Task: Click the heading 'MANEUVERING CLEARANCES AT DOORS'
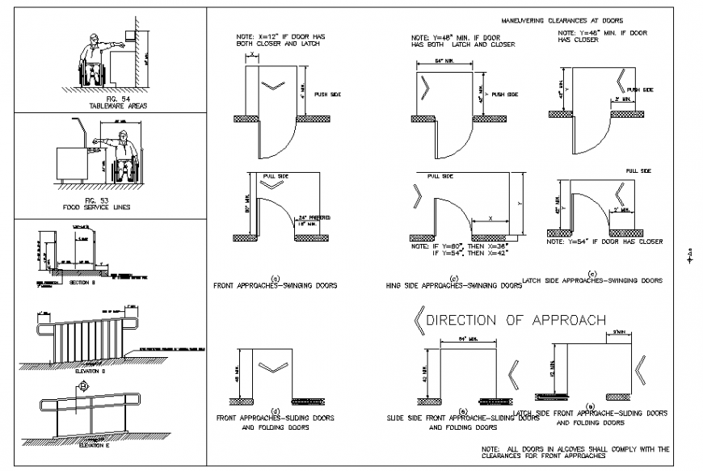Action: [x=562, y=20]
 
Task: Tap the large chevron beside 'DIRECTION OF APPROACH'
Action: [x=419, y=321]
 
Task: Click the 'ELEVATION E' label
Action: [x=95, y=444]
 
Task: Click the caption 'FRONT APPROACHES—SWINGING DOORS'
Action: [x=275, y=285]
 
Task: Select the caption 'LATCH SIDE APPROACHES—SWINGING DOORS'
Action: [x=592, y=280]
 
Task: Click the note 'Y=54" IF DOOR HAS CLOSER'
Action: [x=604, y=242]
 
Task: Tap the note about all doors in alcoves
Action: [x=575, y=452]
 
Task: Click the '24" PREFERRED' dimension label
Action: [x=316, y=218]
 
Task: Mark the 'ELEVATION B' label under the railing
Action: [x=91, y=371]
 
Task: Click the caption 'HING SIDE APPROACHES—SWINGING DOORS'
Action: [x=453, y=285]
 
